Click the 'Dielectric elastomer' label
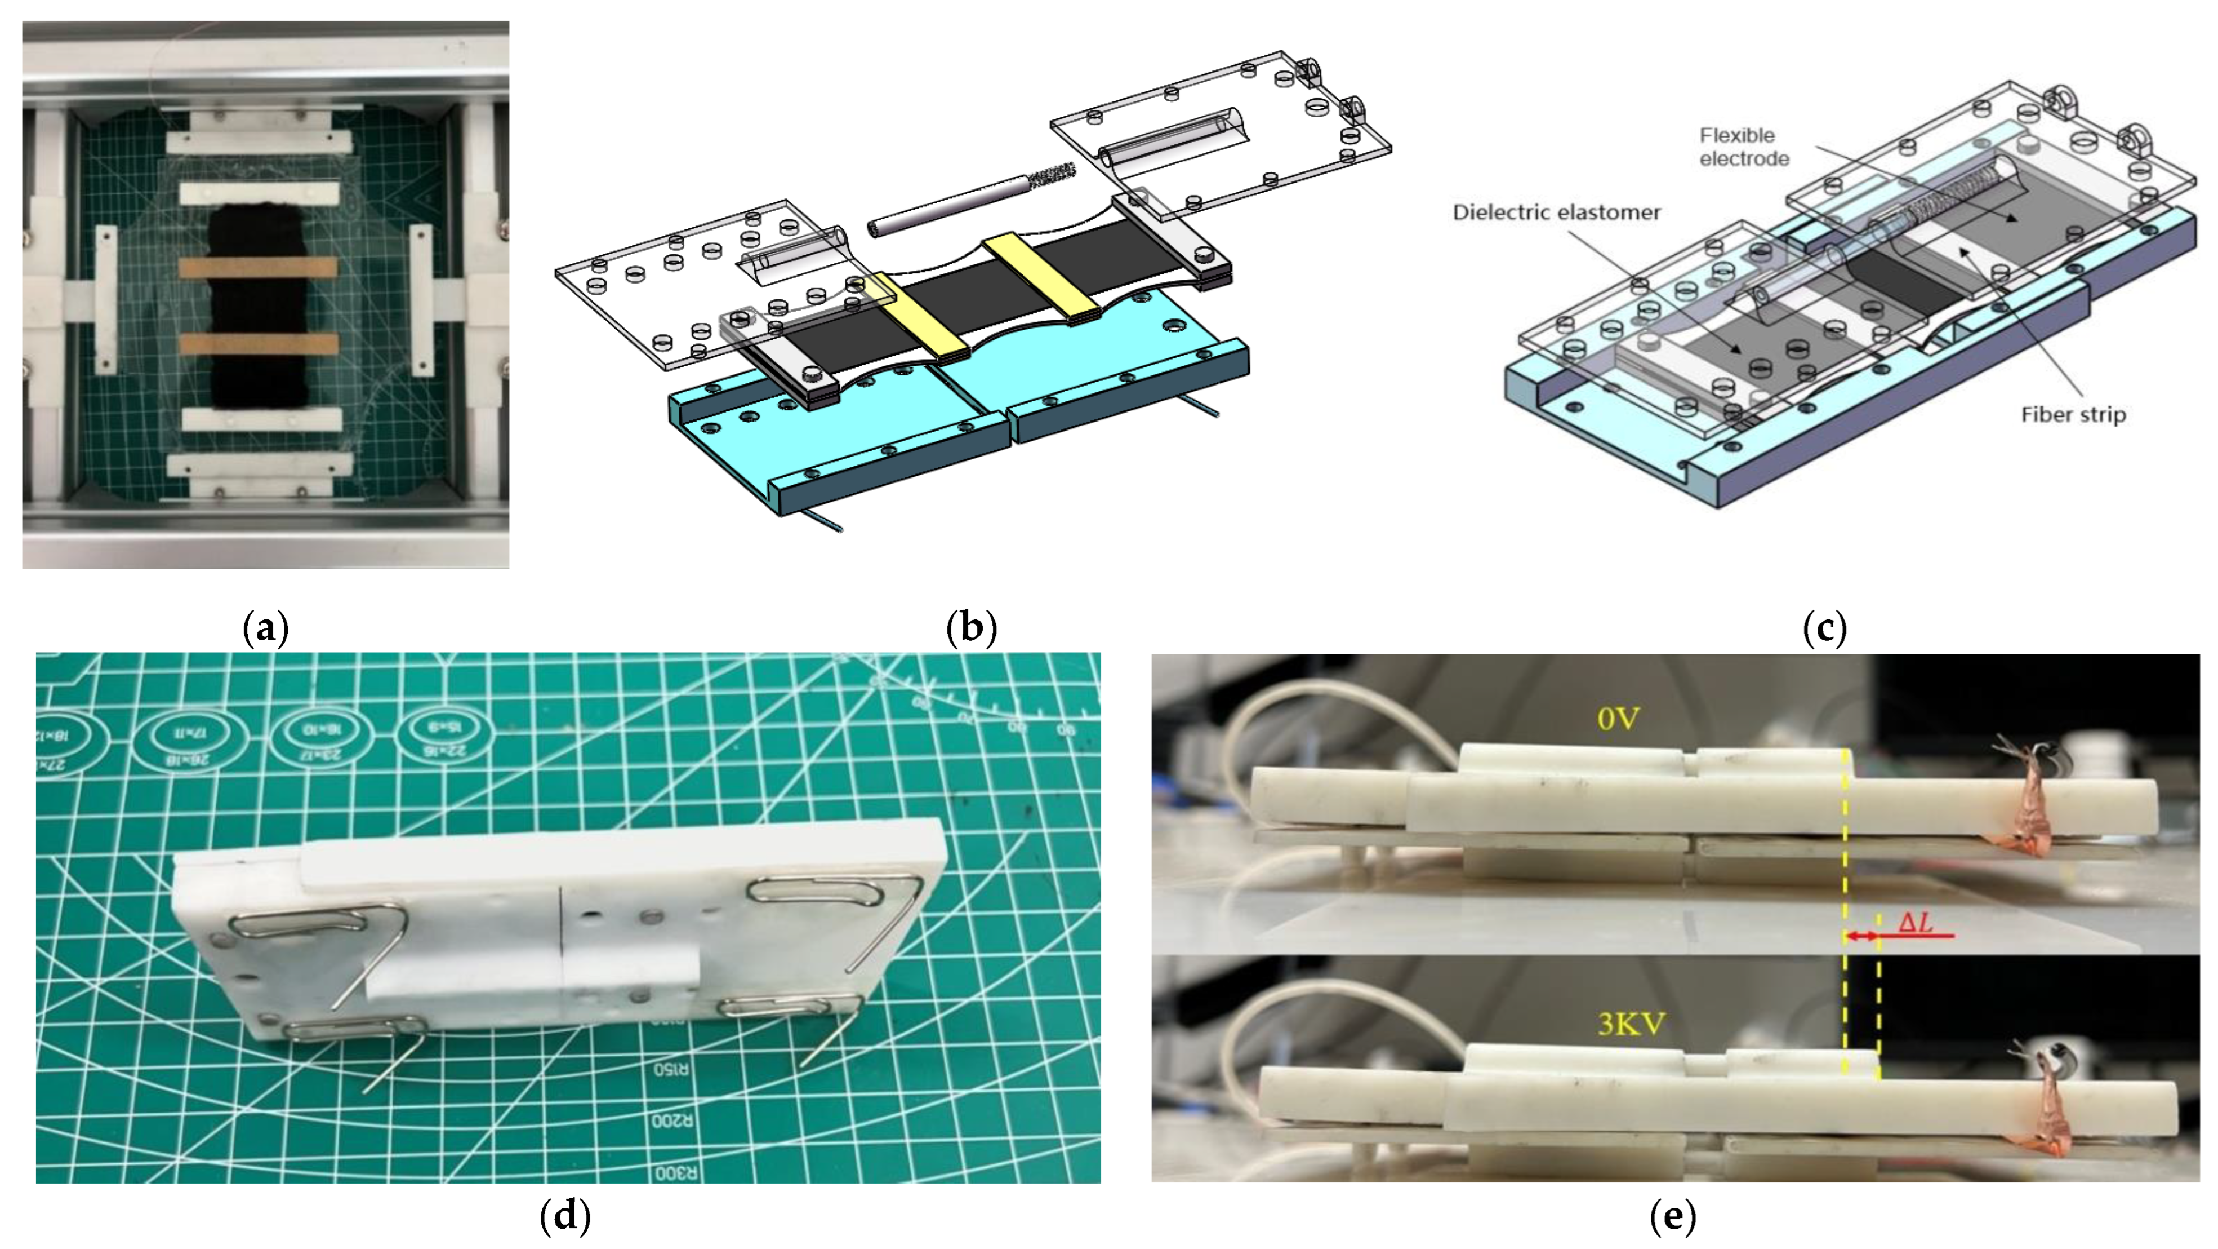1556,212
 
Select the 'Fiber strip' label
2073,415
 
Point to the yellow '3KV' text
1631,1024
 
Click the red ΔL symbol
1915,923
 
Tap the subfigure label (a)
265,628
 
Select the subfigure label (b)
970,628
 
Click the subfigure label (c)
1824,628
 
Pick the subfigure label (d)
565,1216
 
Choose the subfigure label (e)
1672,1216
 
